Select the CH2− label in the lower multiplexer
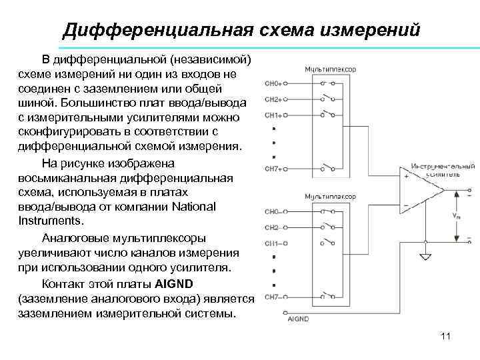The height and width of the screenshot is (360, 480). point(274,228)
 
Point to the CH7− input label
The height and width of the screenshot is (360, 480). point(274,297)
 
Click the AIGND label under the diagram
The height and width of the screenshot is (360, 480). point(297,319)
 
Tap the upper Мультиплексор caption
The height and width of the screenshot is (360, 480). point(330,69)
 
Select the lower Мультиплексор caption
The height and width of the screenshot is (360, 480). point(330,197)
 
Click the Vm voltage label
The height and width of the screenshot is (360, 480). point(456,216)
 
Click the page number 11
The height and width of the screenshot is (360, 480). point(446,336)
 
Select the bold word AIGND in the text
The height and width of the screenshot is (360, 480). point(175,283)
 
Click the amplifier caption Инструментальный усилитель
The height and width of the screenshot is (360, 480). point(442,170)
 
